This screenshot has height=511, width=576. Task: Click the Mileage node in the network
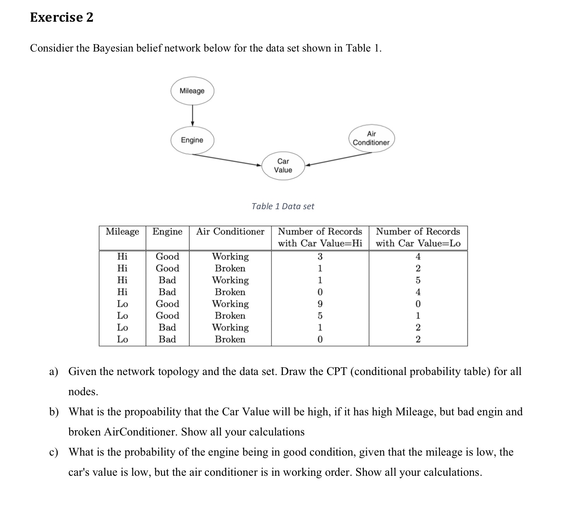pos(192,91)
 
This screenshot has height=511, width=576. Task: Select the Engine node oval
pos(192,140)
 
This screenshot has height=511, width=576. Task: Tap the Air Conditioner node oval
pos(371,138)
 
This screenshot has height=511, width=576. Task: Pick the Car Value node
pos(283,165)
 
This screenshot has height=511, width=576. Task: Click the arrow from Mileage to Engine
pos(192,115)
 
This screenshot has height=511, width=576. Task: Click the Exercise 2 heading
pos(62,17)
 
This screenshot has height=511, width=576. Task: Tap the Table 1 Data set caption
pos(283,206)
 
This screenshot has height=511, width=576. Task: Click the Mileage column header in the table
pos(122,232)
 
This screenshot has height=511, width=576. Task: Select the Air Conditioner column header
pos(230,232)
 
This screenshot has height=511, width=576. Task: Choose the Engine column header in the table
pos(167,232)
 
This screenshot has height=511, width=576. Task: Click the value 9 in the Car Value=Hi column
pos(320,304)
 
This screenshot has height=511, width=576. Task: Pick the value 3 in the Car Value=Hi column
pos(320,256)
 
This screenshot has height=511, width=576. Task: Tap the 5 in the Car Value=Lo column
pos(418,280)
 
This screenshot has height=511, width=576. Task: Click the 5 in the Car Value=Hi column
pos(320,316)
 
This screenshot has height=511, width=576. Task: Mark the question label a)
pos(53,372)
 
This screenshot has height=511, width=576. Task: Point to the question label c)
pos(53,452)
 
